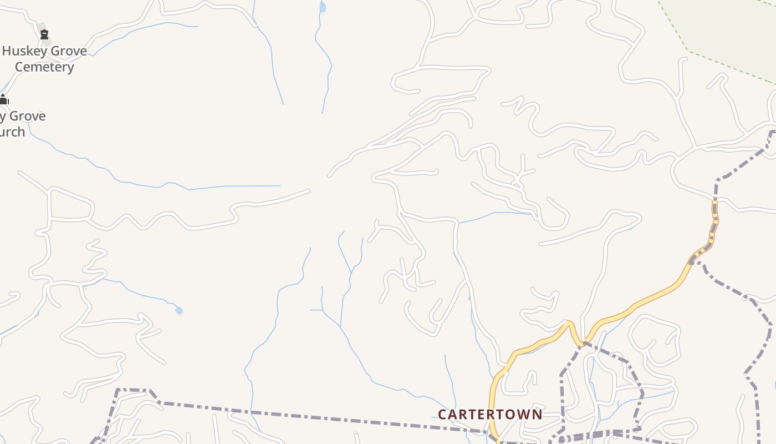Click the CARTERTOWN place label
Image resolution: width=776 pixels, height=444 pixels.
(490, 415)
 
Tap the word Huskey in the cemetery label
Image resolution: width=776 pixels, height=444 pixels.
(24, 51)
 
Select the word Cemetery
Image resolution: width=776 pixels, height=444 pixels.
(44, 67)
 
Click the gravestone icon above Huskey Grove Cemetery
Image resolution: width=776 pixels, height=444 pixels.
(44, 34)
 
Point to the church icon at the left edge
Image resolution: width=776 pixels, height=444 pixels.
(3, 100)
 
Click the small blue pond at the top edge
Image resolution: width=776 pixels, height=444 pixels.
(323, 7)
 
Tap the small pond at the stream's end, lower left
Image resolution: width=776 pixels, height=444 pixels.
(178, 310)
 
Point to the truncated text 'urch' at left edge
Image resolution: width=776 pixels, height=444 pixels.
(12, 132)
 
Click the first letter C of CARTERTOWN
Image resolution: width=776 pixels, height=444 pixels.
(442, 415)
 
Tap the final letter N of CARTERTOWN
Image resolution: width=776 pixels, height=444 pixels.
(537, 415)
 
